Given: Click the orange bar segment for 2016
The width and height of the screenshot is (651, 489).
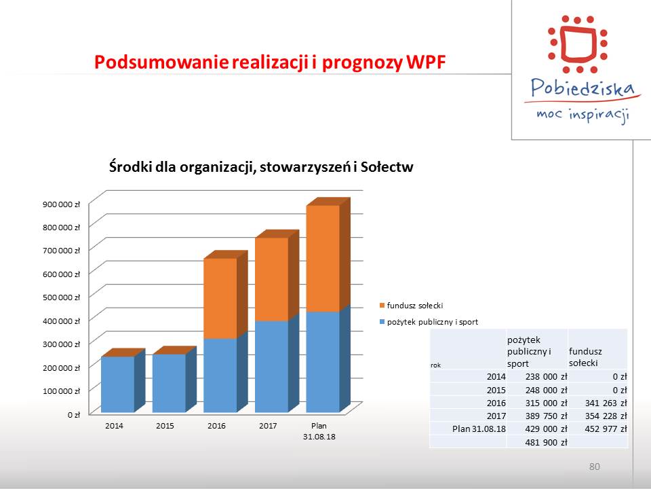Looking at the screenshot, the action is (x=220, y=299).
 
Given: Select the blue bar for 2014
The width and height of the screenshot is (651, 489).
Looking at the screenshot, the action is (x=118, y=384).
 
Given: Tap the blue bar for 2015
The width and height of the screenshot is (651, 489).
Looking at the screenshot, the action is (x=169, y=383).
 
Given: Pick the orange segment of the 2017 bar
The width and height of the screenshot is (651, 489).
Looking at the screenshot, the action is (x=271, y=279).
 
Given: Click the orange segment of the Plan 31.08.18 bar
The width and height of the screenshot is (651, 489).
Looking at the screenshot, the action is (x=323, y=259).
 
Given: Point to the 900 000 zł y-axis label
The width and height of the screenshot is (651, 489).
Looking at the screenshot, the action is (x=61, y=204).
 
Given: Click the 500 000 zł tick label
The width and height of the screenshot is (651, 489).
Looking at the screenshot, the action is (x=61, y=297).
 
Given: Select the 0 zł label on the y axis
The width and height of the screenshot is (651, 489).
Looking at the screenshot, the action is (x=73, y=414).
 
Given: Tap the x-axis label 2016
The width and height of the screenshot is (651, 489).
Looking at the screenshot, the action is (x=216, y=426).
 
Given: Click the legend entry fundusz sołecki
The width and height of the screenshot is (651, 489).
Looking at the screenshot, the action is (x=412, y=306).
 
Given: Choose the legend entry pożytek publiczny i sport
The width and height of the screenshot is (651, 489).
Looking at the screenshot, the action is (x=429, y=322).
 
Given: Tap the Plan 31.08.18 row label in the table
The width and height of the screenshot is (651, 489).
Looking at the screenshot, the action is (x=479, y=429).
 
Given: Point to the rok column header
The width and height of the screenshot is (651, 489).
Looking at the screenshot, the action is (x=435, y=365).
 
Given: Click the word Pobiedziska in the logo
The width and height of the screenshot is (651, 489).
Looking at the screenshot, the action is (x=583, y=88).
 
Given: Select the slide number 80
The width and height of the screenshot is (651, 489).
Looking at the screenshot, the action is (x=595, y=467).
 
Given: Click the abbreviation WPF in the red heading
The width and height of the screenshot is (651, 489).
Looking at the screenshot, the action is (x=426, y=62).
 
